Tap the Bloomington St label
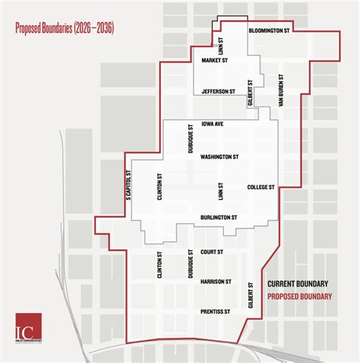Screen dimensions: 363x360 270,31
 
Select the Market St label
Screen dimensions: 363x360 216,59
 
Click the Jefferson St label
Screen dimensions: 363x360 219,91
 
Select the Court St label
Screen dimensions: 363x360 212,251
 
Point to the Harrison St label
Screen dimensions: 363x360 216,281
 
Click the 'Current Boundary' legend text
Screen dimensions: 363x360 299,284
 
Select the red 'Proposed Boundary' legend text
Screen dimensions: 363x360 301,296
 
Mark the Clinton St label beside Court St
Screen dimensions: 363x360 159,265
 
